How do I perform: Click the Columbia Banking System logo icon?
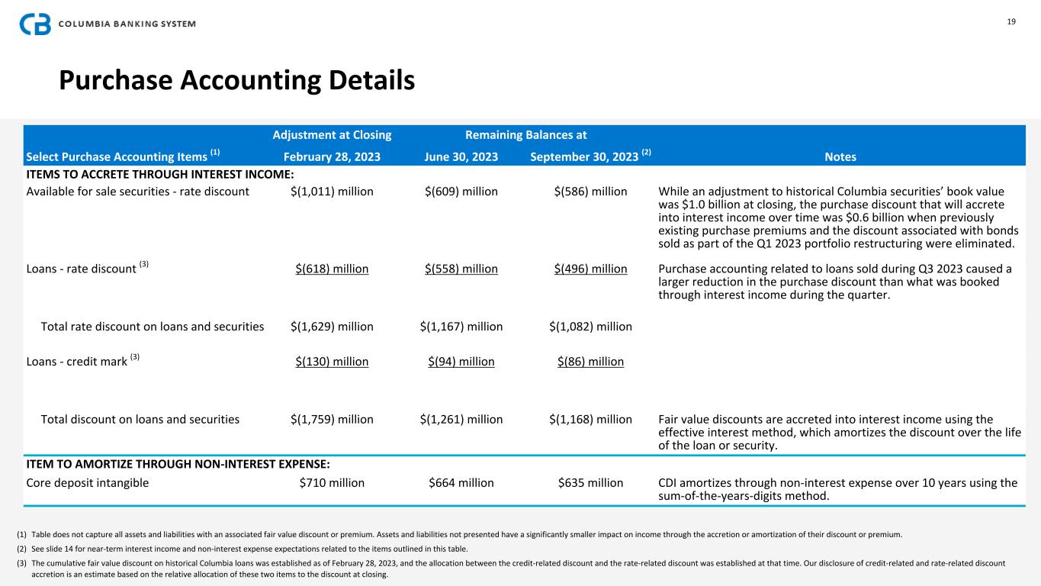[35, 24]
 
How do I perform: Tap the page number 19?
[1011, 21]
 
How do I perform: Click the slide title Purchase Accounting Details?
[237, 79]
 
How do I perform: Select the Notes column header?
[840, 156]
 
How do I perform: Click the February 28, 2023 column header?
[332, 156]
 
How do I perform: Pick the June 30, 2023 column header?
[461, 156]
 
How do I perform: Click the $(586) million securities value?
[590, 192]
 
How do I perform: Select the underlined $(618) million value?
[332, 269]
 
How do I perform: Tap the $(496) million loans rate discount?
[590, 269]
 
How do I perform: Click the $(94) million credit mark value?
[461, 361]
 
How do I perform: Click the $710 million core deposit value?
[332, 482]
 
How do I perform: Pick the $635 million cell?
[590, 482]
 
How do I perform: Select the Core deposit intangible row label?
[88, 482]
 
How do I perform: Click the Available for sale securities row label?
[137, 192]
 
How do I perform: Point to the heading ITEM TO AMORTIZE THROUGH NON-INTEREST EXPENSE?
[178, 463]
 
